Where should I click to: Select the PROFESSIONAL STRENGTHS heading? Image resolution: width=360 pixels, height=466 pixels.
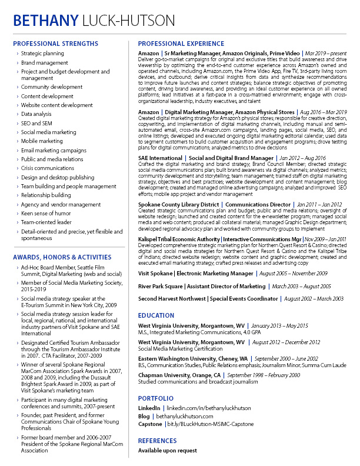(x=55, y=44)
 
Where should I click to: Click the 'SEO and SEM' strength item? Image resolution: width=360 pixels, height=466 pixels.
(x=36, y=123)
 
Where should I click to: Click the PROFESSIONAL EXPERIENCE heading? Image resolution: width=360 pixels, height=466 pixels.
(x=181, y=44)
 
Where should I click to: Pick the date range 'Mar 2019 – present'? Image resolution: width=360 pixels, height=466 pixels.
(x=326, y=54)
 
